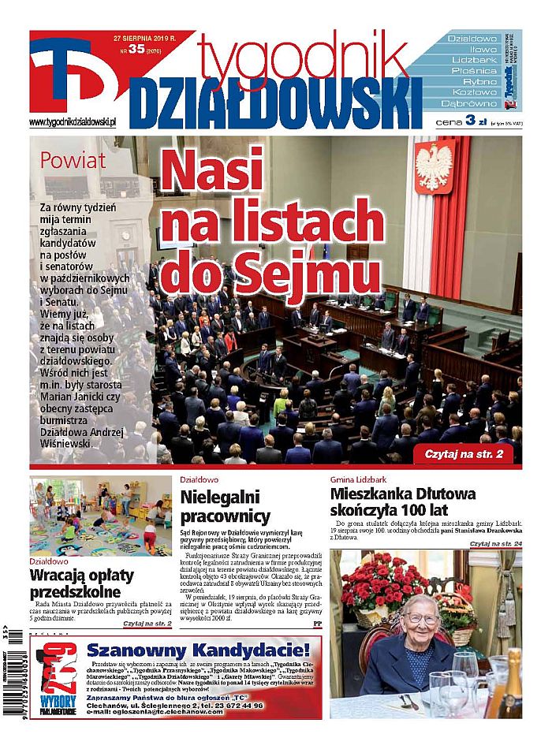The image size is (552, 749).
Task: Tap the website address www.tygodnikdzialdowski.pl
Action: point(73,122)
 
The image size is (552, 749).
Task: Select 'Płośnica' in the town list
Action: point(473,70)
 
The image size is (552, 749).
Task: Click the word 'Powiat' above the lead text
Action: point(73,162)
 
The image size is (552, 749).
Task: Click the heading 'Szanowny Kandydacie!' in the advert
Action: point(199,650)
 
